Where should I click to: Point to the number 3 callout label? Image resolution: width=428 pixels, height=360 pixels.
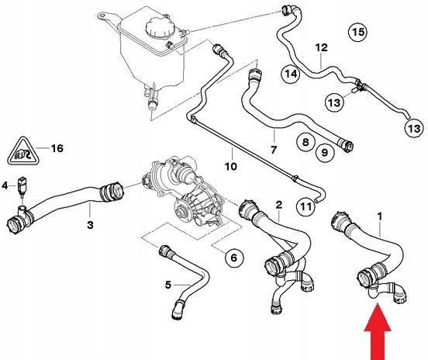coord(90,226)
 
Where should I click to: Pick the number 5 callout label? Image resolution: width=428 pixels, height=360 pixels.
coord(167,285)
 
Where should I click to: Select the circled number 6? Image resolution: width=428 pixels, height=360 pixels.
coord(232,257)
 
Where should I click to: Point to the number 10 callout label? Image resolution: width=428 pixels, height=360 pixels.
coord(230,165)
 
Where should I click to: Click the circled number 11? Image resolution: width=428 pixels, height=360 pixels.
coord(305,206)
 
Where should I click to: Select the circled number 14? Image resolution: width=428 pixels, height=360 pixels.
coord(291,74)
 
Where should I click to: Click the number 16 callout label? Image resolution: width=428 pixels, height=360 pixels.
coord(55,147)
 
